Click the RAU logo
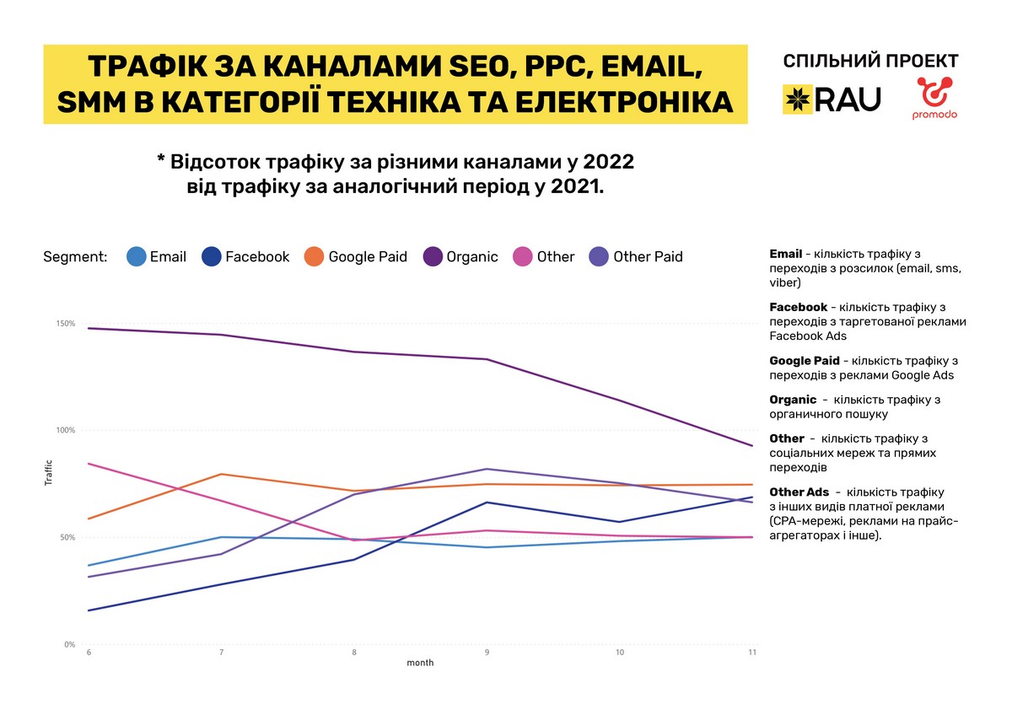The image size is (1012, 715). coord(832,99)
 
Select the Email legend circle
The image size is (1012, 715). coord(136,256)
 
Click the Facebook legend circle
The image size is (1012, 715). coord(212,256)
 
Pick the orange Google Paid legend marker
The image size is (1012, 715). coord(315,256)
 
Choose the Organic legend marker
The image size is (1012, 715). coord(433,256)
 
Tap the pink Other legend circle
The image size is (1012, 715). coord(523,256)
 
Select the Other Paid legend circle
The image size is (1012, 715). coord(599,256)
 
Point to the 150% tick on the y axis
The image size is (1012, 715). coord(66,324)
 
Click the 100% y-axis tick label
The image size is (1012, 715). coord(66,431)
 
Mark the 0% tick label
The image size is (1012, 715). coord(69,645)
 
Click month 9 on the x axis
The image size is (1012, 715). coord(487,653)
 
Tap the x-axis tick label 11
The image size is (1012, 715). coord(751,653)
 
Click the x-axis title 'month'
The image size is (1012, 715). coord(420,664)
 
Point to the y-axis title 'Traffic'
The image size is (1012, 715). coord(48,472)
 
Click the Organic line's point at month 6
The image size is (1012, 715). coord(88,328)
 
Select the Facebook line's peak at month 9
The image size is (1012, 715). coord(487,503)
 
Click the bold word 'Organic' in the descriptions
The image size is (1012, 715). coord(793,400)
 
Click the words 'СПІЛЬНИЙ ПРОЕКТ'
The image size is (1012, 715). coord(870,62)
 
